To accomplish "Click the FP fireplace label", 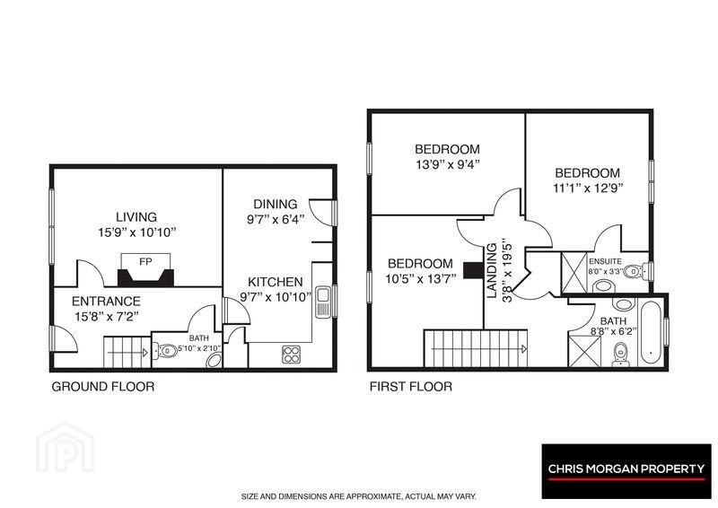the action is tap(145, 262).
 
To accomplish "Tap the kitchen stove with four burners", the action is tap(291, 355).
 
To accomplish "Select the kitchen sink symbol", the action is tap(323, 302).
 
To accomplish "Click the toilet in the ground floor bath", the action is tap(165, 351).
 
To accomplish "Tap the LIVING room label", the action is tap(136, 217).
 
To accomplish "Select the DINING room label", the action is tap(276, 205).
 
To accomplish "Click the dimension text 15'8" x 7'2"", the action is tap(107, 317).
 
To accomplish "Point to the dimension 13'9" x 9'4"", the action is tap(447, 164).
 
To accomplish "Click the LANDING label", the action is tap(492, 271).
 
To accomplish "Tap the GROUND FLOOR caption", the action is tap(103, 387).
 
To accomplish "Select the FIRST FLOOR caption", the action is tap(411, 387).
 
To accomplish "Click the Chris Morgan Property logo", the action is tap(626, 471).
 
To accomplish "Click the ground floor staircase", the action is tap(127, 352).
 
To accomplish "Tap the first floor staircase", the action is tap(476, 348).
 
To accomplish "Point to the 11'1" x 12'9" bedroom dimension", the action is tap(588, 188).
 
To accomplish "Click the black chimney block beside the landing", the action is tap(474, 270).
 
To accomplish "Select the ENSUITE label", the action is tap(605, 261).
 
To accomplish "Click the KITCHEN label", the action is tap(276, 282).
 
